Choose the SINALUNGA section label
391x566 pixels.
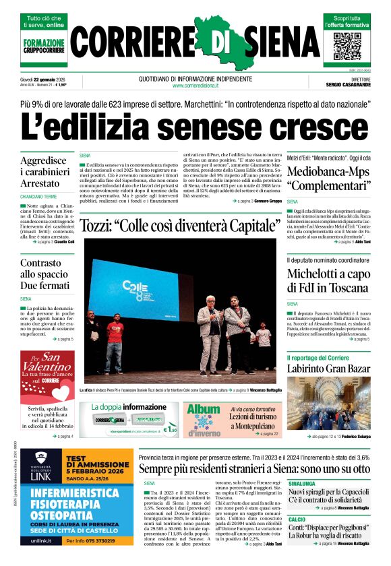coord(302,484)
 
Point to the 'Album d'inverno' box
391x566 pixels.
coord(204,418)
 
